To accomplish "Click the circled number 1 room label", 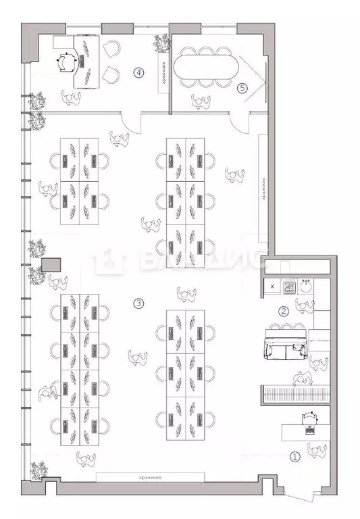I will tap(294, 456).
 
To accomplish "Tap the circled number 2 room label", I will tap(284, 312).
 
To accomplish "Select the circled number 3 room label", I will tap(138, 303).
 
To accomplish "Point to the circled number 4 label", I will tap(138, 72).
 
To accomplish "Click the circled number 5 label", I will tap(242, 87).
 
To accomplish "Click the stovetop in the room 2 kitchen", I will tap(290, 287).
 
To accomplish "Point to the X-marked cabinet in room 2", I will tap(272, 287).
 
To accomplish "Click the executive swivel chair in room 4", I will tap(65, 61).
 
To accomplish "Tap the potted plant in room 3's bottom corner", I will tap(38, 468).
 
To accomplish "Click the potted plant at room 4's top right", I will tap(161, 43).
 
